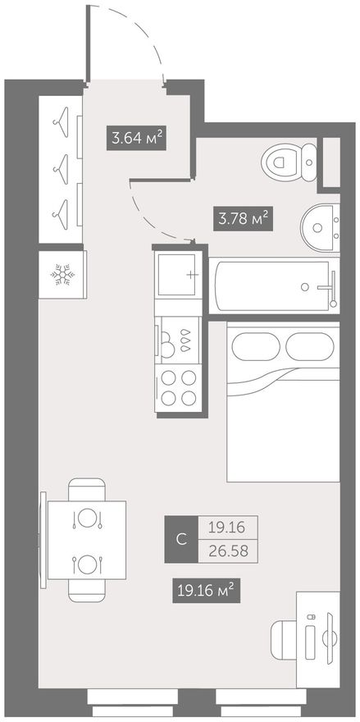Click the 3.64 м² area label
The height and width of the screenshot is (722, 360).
click(136, 138)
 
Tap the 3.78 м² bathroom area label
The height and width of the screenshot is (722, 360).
click(244, 219)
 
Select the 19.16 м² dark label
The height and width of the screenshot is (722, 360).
click(207, 589)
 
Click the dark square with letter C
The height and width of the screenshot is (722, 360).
click(181, 539)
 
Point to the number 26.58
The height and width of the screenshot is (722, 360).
click(228, 551)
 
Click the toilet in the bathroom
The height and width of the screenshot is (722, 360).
click(289, 162)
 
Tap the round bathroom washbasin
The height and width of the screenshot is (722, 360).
click(320, 226)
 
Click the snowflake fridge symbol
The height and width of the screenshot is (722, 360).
click(62, 274)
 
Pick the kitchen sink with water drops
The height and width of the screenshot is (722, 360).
click(178, 340)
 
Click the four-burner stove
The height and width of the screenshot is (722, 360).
click(178, 388)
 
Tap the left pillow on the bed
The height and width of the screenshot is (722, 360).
click(255, 346)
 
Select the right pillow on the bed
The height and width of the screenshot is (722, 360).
click(309, 346)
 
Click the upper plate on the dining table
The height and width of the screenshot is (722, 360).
click(87, 517)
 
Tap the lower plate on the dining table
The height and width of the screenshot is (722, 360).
click(87, 564)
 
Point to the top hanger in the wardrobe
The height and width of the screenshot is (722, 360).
click(62, 121)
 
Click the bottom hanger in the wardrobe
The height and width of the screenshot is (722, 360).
click(62, 214)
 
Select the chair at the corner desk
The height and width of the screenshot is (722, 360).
click(284, 639)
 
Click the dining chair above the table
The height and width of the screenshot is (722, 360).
click(87, 490)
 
